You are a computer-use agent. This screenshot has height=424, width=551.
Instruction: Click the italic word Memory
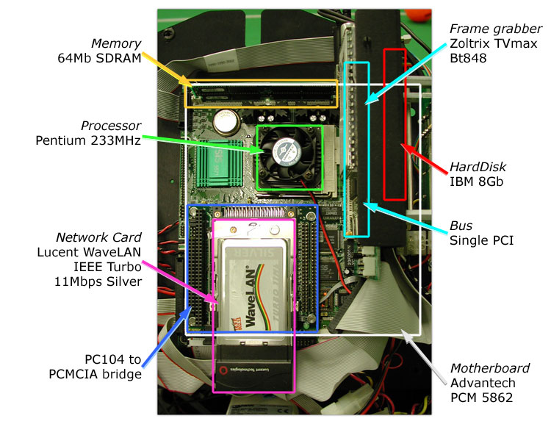point(115,43)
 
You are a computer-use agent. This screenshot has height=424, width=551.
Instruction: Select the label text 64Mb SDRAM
point(98,58)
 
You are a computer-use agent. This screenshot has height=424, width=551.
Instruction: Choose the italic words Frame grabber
point(486,29)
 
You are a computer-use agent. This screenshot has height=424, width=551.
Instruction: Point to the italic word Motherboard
point(490,367)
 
